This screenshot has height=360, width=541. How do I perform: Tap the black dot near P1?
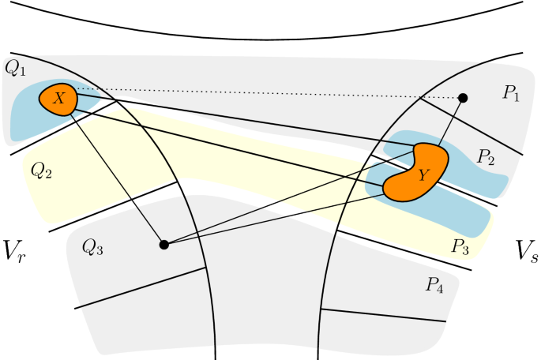click(464, 98)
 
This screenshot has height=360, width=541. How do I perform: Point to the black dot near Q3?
click(164, 245)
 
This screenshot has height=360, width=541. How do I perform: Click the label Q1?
click(14, 68)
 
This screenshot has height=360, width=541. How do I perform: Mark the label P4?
click(434, 286)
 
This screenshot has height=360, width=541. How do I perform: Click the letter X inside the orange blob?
click(59, 98)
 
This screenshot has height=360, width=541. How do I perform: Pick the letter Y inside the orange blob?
click(423, 176)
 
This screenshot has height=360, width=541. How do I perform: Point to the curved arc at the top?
click(269, 39)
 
